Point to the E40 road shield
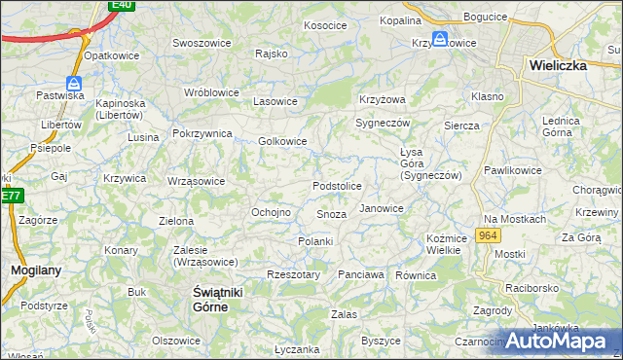click(122, 5)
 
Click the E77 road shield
click(11, 196)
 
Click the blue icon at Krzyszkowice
click(440, 39)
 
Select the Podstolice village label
click(337, 186)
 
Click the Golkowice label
click(282, 141)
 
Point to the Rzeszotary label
click(293, 274)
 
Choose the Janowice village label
click(382, 208)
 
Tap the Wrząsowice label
click(196, 181)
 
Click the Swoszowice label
click(201, 43)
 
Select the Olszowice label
click(176, 341)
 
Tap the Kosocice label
click(325, 25)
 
